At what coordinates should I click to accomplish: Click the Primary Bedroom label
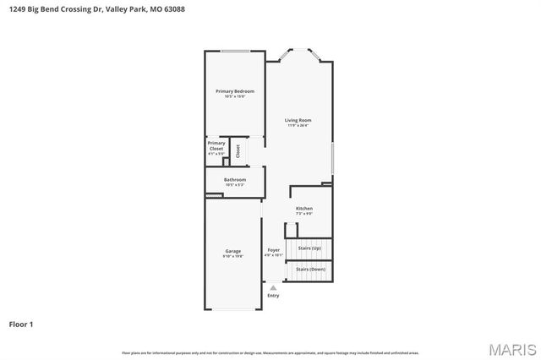(x=234, y=90)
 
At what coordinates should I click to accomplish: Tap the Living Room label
(x=298, y=120)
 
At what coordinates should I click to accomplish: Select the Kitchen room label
(x=303, y=208)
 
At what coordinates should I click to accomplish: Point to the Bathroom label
(x=235, y=179)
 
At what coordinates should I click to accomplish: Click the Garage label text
(x=232, y=250)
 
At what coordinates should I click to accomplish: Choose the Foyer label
(x=273, y=250)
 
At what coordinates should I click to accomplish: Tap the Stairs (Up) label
(x=310, y=248)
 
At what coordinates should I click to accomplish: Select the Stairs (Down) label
(x=310, y=269)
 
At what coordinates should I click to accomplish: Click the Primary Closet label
(x=216, y=145)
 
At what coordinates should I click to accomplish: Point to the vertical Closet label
(x=238, y=150)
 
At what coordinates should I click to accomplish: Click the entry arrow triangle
(x=272, y=287)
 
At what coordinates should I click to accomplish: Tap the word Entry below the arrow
(x=272, y=296)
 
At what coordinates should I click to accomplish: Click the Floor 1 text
(x=21, y=324)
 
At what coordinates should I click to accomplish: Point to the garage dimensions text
(x=233, y=255)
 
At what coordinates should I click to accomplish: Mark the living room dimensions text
(x=298, y=126)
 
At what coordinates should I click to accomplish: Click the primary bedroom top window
(x=235, y=52)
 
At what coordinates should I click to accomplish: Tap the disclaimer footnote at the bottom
(x=270, y=352)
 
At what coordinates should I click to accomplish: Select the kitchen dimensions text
(x=303, y=213)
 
